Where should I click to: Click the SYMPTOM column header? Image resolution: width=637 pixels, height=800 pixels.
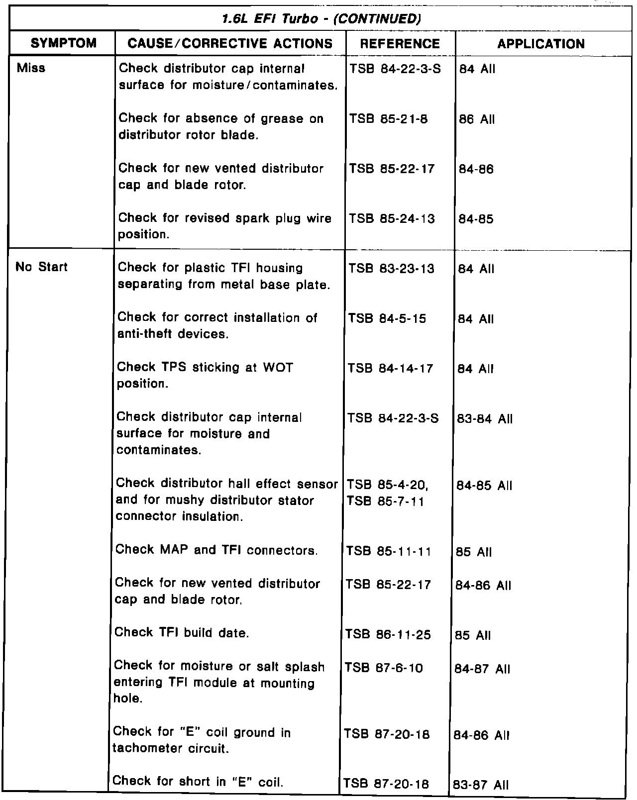tap(64, 44)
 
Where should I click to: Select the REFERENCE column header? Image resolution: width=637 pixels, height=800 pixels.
tap(400, 44)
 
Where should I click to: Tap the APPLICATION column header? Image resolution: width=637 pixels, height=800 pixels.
tap(541, 44)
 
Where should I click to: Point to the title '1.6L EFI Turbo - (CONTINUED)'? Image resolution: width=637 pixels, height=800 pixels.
tap(318, 19)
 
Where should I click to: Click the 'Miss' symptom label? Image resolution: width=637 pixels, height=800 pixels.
tap(31, 68)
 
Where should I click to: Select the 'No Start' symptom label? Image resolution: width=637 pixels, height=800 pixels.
tap(42, 267)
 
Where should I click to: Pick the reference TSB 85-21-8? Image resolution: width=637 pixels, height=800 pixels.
tap(388, 119)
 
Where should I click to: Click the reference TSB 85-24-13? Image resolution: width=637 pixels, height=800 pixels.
tap(392, 219)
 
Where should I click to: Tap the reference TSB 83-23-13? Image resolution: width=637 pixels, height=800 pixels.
tap(392, 269)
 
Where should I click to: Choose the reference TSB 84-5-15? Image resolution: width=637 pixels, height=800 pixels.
tap(387, 318)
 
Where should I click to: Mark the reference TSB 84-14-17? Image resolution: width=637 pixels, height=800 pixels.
tap(391, 369)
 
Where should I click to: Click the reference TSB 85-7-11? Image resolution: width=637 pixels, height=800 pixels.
tap(385, 500)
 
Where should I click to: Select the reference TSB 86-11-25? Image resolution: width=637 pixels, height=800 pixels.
tap(388, 635)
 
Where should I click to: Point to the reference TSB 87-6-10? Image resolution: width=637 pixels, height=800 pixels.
tap(384, 668)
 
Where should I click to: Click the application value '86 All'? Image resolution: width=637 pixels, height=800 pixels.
tap(477, 119)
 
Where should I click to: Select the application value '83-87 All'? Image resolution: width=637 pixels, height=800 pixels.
tap(480, 786)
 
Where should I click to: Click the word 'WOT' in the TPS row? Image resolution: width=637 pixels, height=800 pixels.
tap(278, 368)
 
